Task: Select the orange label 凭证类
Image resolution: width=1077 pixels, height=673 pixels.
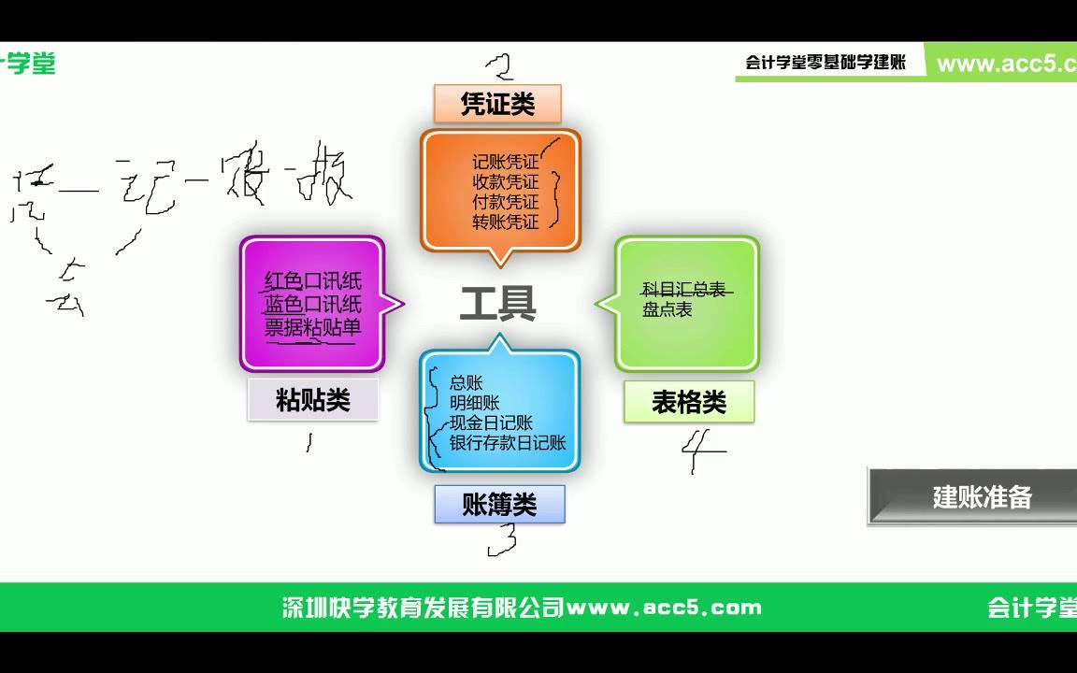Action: point(497,104)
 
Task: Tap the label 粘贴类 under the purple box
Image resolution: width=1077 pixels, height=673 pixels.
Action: point(313,400)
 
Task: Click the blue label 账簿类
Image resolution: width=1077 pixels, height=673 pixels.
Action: point(499,505)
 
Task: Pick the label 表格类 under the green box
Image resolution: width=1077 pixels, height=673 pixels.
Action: point(689,402)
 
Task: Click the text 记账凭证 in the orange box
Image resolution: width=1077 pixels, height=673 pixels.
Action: point(506,163)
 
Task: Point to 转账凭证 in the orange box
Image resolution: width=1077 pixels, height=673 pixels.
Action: point(506,222)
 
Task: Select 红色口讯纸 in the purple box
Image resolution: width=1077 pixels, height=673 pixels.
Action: point(312,281)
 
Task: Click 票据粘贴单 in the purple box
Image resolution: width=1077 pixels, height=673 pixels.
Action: point(312,326)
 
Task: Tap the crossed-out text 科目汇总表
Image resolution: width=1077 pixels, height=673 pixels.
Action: point(685,291)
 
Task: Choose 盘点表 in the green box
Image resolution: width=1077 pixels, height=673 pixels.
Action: point(667,310)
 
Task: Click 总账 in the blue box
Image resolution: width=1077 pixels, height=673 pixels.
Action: point(466,382)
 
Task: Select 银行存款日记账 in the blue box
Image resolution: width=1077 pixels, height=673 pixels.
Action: point(508,443)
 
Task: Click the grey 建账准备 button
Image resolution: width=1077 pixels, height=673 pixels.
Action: point(981,496)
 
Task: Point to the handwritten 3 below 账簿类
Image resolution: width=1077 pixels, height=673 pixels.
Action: point(503,539)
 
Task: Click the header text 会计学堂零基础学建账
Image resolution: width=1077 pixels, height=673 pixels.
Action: point(826,63)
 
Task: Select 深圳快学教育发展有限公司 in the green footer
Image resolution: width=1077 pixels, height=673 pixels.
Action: point(424,608)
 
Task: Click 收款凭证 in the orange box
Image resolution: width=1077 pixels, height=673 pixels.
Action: point(506,182)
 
